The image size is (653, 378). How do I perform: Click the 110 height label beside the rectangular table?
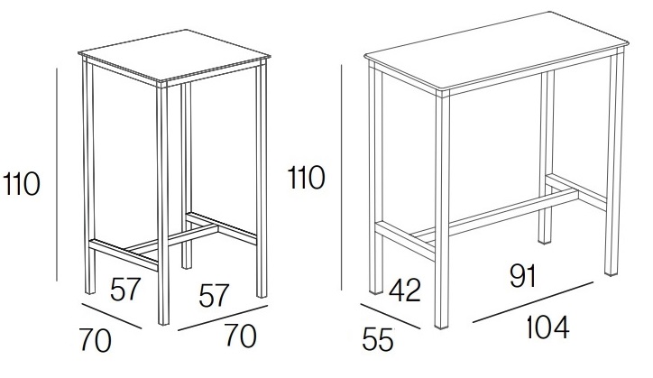coord(306,178)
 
